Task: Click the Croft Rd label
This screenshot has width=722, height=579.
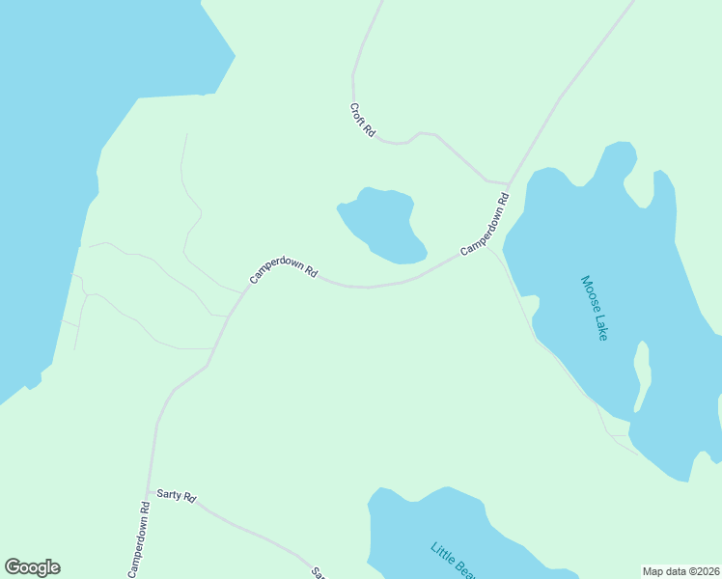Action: click(x=362, y=121)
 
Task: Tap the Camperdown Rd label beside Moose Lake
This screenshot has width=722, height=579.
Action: click(x=485, y=226)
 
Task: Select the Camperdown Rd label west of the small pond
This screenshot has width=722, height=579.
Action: click(x=284, y=269)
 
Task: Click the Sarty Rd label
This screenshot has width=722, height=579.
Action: click(x=177, y=497)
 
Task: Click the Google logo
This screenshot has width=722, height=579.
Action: click(x=32, y=567)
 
